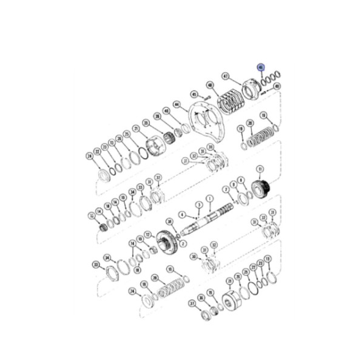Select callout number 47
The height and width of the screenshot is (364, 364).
226,77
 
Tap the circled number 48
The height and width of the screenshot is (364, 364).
210,86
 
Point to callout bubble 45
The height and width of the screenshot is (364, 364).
194,95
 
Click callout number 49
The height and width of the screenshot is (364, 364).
277,87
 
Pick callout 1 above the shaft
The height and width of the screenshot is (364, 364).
209,198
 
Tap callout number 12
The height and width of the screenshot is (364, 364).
147,234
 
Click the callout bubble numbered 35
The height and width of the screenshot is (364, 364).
145,123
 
